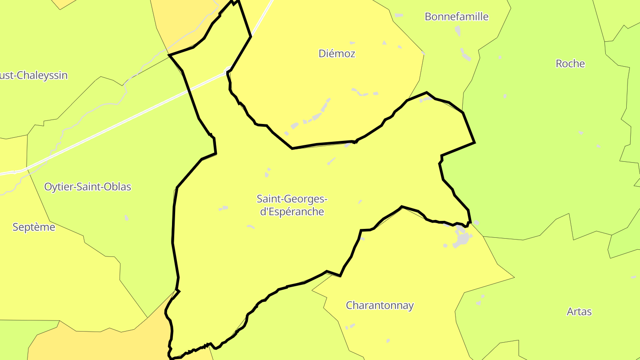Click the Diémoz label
[x=337, y=54]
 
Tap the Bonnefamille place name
[x=456, y=17]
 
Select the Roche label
[x=570, y=64]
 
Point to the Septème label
[x=34, y=228]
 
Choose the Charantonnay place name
[x=380, y=306]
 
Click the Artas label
[x=579, y=312]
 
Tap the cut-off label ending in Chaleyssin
[x=34, y=76]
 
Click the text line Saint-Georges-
[x=292, y=199]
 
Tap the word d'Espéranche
[x=292, y=212]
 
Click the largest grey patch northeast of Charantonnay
[x=463, y=238]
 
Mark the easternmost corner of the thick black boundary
[x=475, y=143]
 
